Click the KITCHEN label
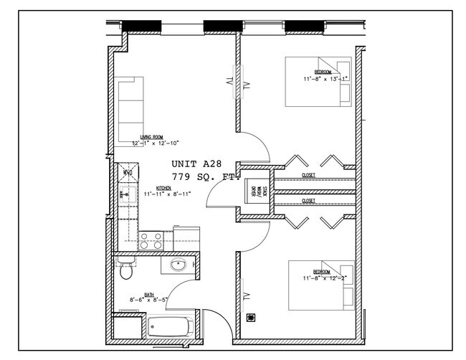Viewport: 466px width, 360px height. [163, 188]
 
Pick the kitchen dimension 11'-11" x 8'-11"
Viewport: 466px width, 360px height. [167, 194]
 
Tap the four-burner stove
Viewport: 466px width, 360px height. [150, 240]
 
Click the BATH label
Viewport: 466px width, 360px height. [149, 294]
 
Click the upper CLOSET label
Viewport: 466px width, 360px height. [308, 174]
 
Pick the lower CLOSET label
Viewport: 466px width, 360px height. [308, 202]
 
